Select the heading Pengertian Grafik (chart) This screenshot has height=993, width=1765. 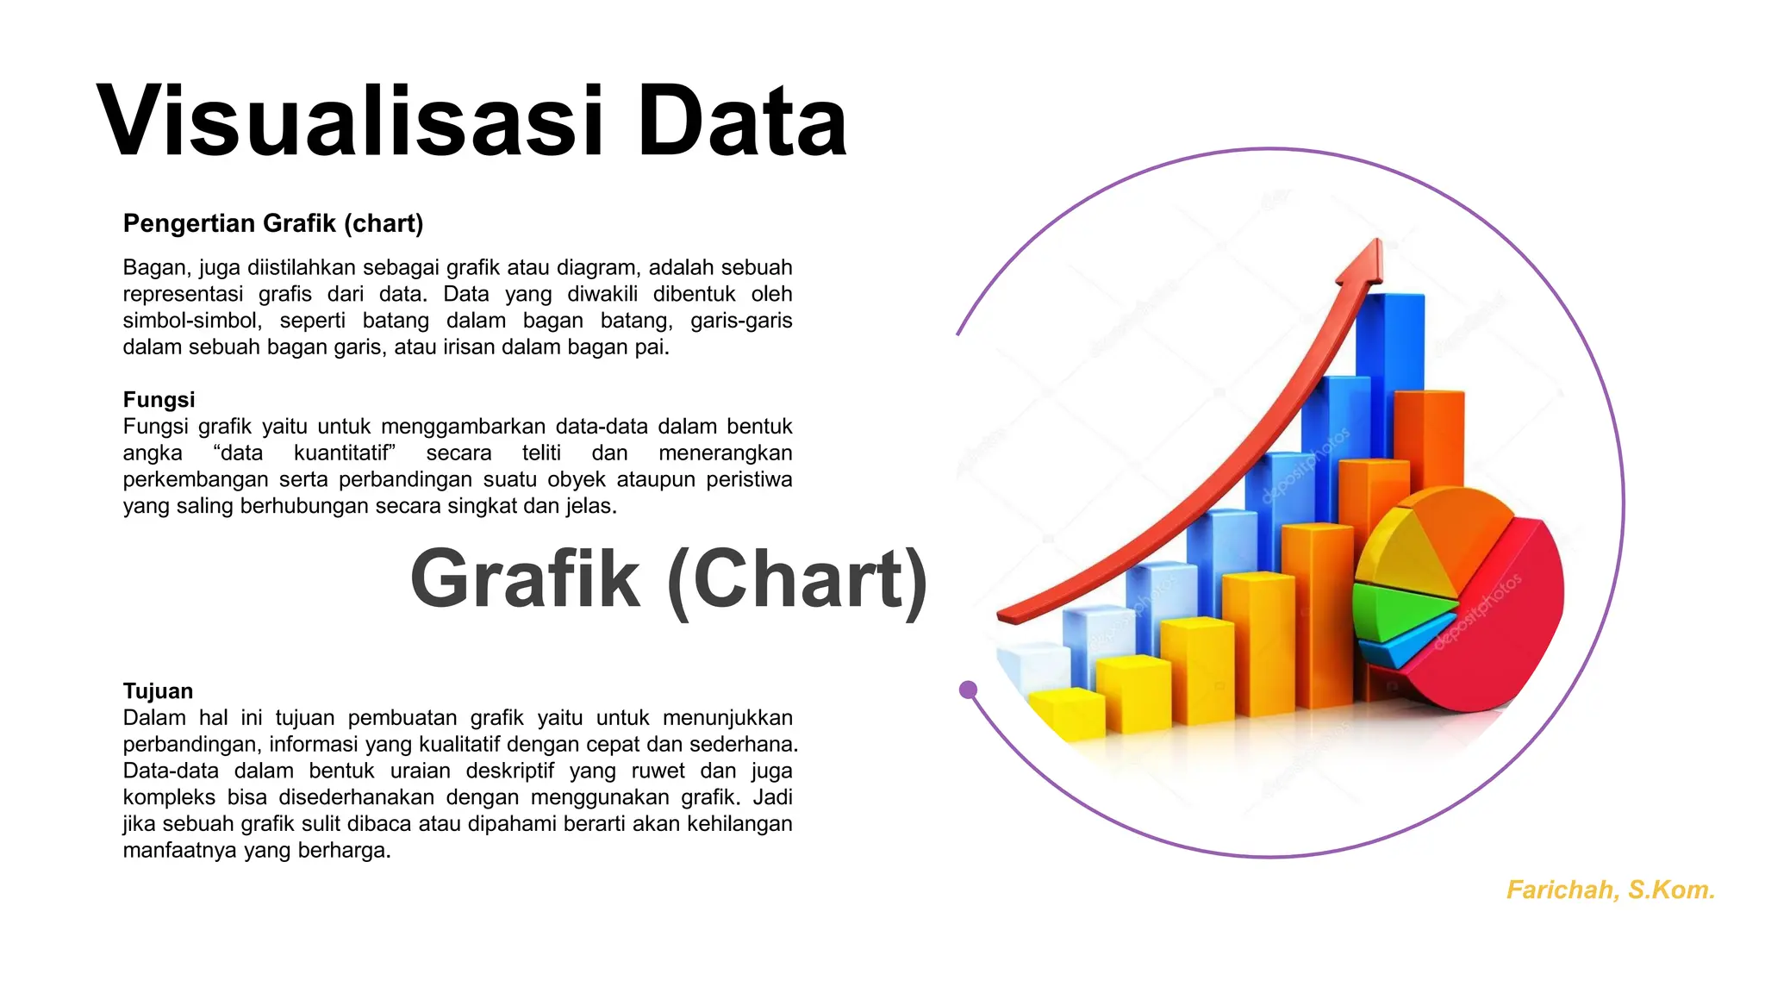click(273, 223)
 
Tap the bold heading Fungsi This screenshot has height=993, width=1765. click(159, 399)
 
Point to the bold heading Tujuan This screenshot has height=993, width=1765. click(158, 690)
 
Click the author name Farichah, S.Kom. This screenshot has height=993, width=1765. click(1610, 890)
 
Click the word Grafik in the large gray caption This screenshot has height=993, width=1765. click(525, 579)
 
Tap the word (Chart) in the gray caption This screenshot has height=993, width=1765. click(797, 579)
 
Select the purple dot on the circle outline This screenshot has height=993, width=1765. click(968, 690)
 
